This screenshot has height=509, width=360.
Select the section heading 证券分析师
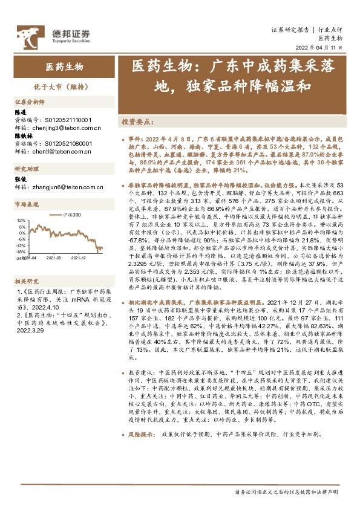[30, 102]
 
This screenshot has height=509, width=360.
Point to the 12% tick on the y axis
[22, 221]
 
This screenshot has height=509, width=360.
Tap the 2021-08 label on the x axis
[54, 257]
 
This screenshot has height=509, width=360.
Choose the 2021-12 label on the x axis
[79, 257]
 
